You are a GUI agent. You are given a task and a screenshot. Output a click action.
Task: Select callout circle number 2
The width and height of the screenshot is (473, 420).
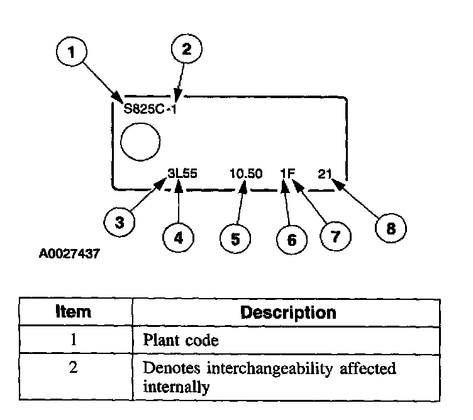tap(187, 51)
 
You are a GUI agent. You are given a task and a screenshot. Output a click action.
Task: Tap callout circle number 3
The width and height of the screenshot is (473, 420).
tap(120, 221)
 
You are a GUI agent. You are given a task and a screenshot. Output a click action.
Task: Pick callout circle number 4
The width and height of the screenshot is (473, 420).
tap(179, 238)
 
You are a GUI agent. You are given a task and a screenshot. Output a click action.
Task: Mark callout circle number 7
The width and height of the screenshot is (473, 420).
tap(334, 236)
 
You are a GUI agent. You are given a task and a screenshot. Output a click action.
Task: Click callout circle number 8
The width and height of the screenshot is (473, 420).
tap(391, 228)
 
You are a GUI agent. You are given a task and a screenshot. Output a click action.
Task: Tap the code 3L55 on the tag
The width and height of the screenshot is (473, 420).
tap(182, 174)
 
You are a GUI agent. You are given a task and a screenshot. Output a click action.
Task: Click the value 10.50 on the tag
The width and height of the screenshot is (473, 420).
tap(247, 174)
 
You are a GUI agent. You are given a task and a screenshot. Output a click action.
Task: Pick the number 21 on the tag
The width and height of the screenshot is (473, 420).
tap(325, 174)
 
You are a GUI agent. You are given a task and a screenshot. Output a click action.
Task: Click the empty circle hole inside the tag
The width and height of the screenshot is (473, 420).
tap(140, 141)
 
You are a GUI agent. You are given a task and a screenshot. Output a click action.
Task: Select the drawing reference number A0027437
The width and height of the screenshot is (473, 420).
tap(69, 256)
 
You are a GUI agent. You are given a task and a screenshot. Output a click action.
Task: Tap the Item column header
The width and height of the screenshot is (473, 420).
tap(74, 312)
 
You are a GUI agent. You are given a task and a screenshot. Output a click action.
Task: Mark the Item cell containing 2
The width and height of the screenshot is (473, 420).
tap(74, 368)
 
